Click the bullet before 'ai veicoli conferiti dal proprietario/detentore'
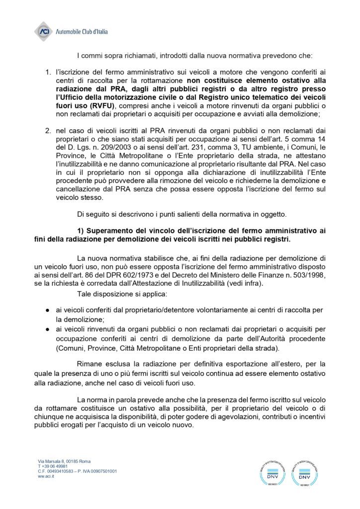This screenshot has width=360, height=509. click(x=46, y=310)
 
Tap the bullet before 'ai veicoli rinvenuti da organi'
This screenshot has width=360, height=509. click(x=46, y=329)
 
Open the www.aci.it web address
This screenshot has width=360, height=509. click(x=46, y=476)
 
